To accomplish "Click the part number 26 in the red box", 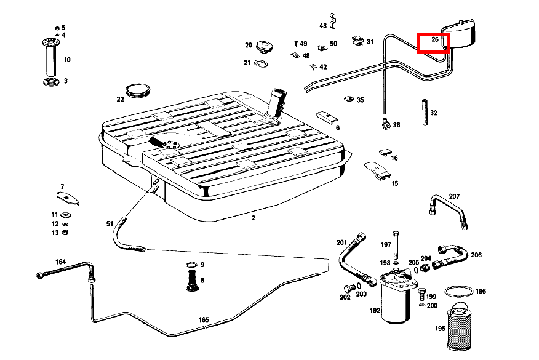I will (x=434, y=40).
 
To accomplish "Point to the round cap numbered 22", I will (x=138, y=90).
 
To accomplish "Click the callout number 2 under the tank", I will (x=253, y=218).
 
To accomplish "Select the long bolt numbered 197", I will (x=396, y=246).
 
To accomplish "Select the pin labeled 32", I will (x=425, y=113).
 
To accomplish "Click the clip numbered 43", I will (x=333, y=20).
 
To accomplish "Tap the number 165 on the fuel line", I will (x=204, y=319).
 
